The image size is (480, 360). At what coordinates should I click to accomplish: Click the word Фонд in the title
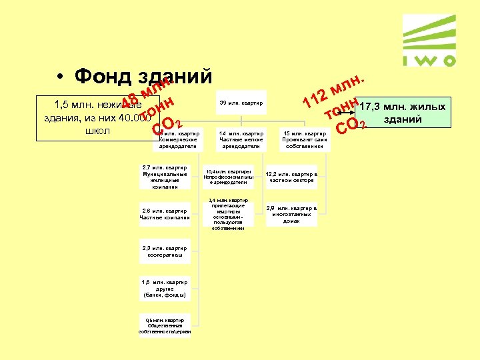click(104, 77)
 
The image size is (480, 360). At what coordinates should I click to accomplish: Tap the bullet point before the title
click(60, 77)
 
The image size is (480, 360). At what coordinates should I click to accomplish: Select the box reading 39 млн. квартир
click(241, 103)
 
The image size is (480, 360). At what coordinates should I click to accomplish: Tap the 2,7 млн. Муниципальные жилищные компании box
click(164, 177)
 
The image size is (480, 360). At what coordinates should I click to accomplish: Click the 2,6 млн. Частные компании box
click(164, 213)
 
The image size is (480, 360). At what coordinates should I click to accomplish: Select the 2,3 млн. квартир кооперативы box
click(164, 251)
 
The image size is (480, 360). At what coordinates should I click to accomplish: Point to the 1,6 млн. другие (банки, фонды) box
click(164, 288)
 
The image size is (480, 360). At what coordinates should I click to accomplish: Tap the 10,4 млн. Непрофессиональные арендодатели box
click(229, 177)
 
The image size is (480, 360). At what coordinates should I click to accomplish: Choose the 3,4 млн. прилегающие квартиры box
click(229, 214)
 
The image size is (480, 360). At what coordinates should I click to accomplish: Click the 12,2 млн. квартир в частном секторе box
click(292, 177)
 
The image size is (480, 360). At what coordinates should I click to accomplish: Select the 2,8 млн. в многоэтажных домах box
click(292, 213)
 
